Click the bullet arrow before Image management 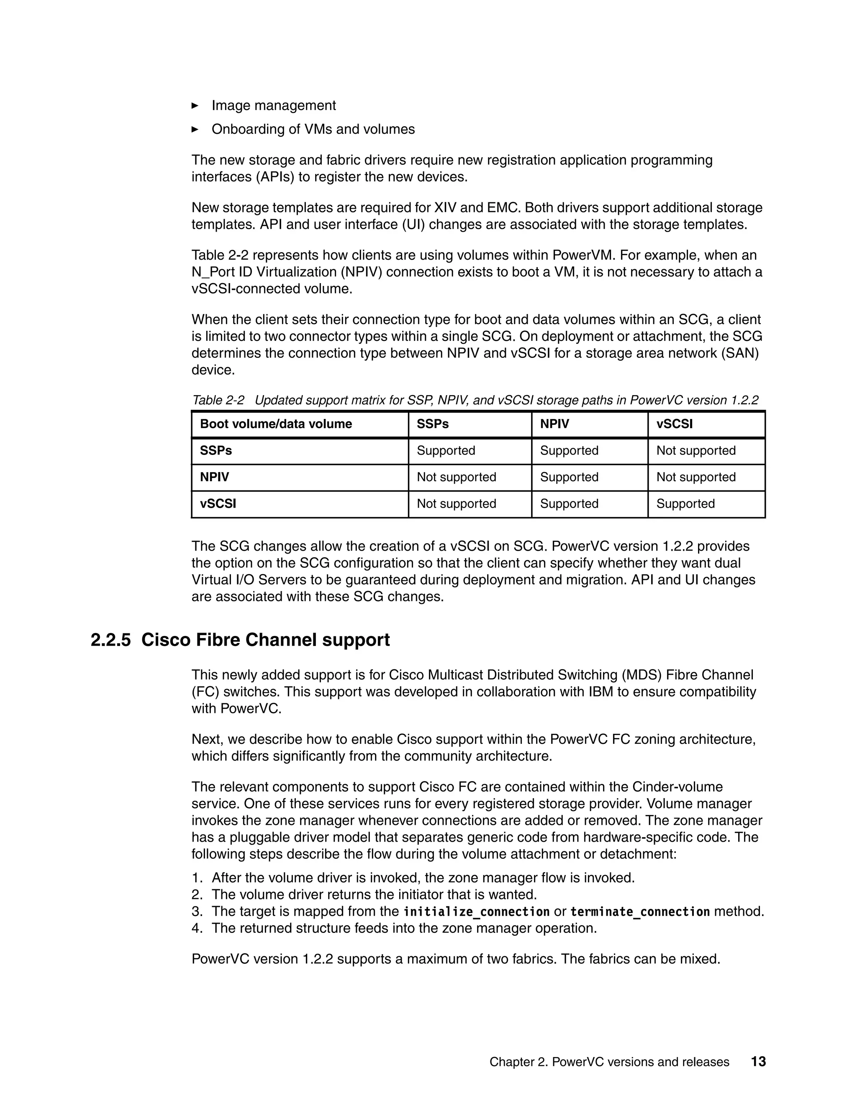pos(195,105)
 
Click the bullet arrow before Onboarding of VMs pos(195,129)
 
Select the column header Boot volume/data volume pos(276,424)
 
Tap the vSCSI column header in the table pos(674,424)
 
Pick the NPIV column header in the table pos(554,424)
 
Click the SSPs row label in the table pos(216,450)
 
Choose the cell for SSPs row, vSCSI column pos(695,450)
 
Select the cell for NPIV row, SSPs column pos(456,477)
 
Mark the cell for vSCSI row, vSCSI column pos(685,504)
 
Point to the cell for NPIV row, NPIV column pos(569,477)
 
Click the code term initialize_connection pos(476,911)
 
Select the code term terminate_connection pos(640,911)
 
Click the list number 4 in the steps pos(197,928)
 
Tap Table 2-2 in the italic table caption pos(218,400)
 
